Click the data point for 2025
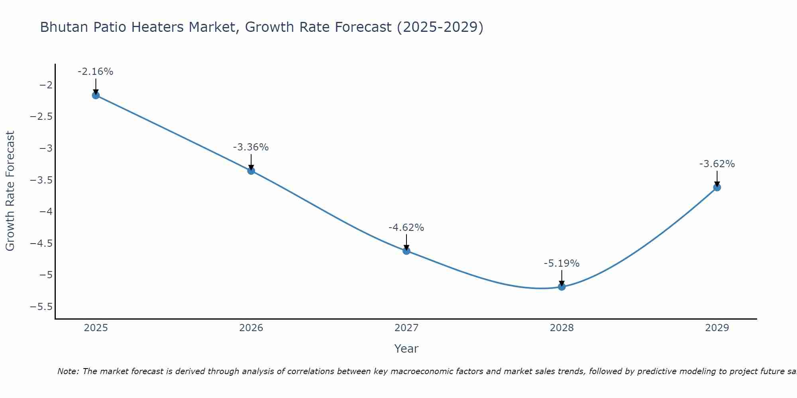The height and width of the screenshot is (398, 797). coord(96,95)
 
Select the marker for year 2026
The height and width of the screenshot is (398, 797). coord(251,171)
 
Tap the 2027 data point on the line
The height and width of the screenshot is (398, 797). coord(406,251)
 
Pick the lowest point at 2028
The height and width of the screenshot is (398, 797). coord(562,287)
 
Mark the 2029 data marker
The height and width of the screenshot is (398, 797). coord(717,187)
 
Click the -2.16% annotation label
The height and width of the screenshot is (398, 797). coord(95,72)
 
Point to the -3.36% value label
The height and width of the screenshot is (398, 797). coord(251,147)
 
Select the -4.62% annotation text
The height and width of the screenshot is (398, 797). coord(406,228)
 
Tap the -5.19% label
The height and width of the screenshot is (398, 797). coord(561,263)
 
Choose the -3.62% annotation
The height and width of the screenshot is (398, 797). coord(717,164)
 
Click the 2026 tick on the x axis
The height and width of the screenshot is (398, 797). coord(251,328)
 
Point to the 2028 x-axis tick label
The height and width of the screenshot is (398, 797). coord(562,328)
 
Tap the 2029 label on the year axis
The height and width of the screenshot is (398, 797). coord(717,328)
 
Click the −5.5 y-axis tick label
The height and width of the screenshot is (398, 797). coord(41,307)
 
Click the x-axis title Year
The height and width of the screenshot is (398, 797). coord(406,349)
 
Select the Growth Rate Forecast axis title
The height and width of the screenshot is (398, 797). coord(10,191)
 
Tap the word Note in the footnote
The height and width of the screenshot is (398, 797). coord(68,371)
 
